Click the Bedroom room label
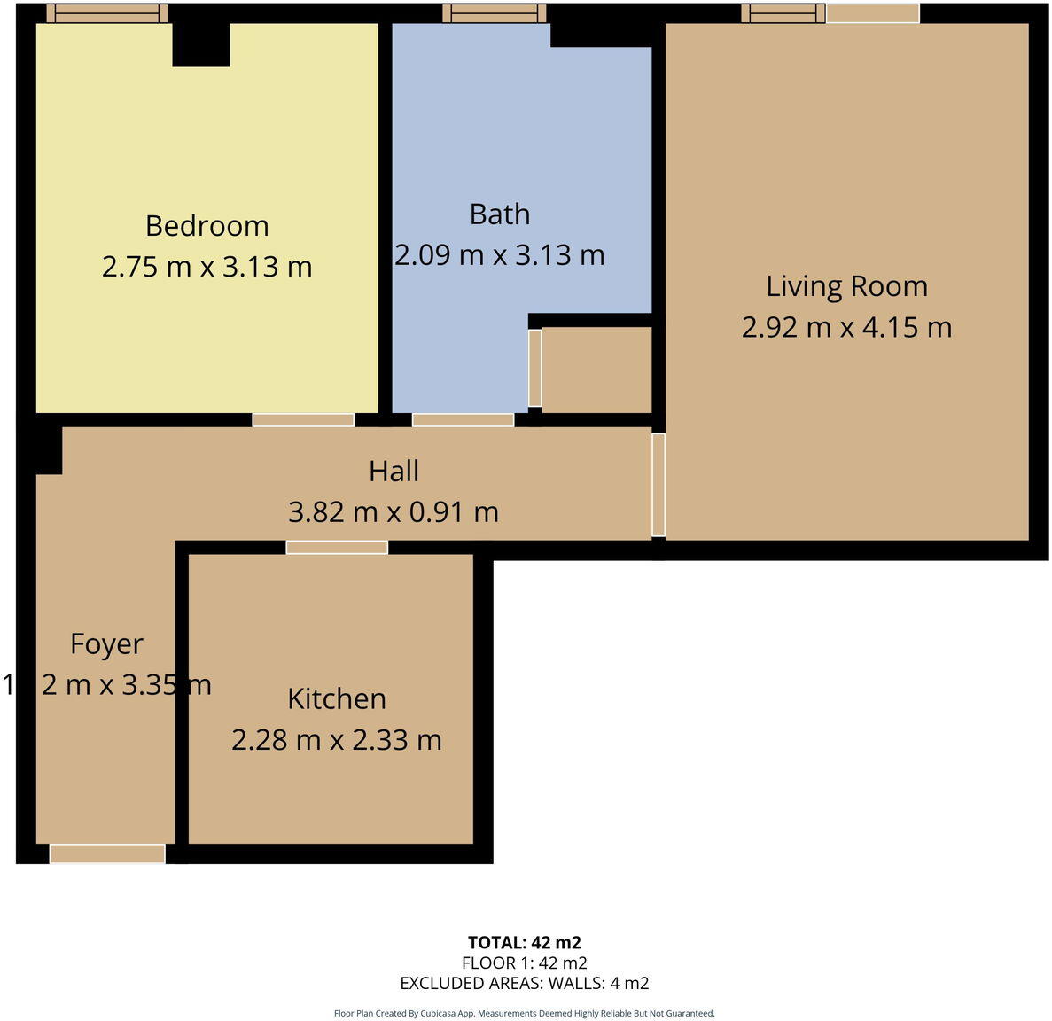(207, 226)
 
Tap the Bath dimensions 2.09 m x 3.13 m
(499, 255)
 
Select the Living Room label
(846, 286)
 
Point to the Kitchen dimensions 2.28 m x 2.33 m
(336, 739)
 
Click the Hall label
(394, 471)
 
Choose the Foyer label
(106, 643)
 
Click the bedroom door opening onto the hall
(303, 420)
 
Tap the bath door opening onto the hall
(463, 420)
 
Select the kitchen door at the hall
(337, 547)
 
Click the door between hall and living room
(658, 485)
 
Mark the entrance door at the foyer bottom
(107, 853)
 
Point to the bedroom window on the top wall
(106, 13)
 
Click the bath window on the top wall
(495, 13)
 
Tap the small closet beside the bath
(596, 370)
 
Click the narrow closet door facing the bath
(534, 368)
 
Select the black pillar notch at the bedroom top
(201, 44)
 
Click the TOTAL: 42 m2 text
(524, 942)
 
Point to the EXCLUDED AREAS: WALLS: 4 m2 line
(524, 983)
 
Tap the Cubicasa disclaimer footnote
(524, 1013)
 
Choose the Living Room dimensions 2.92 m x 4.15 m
(846, 328)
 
